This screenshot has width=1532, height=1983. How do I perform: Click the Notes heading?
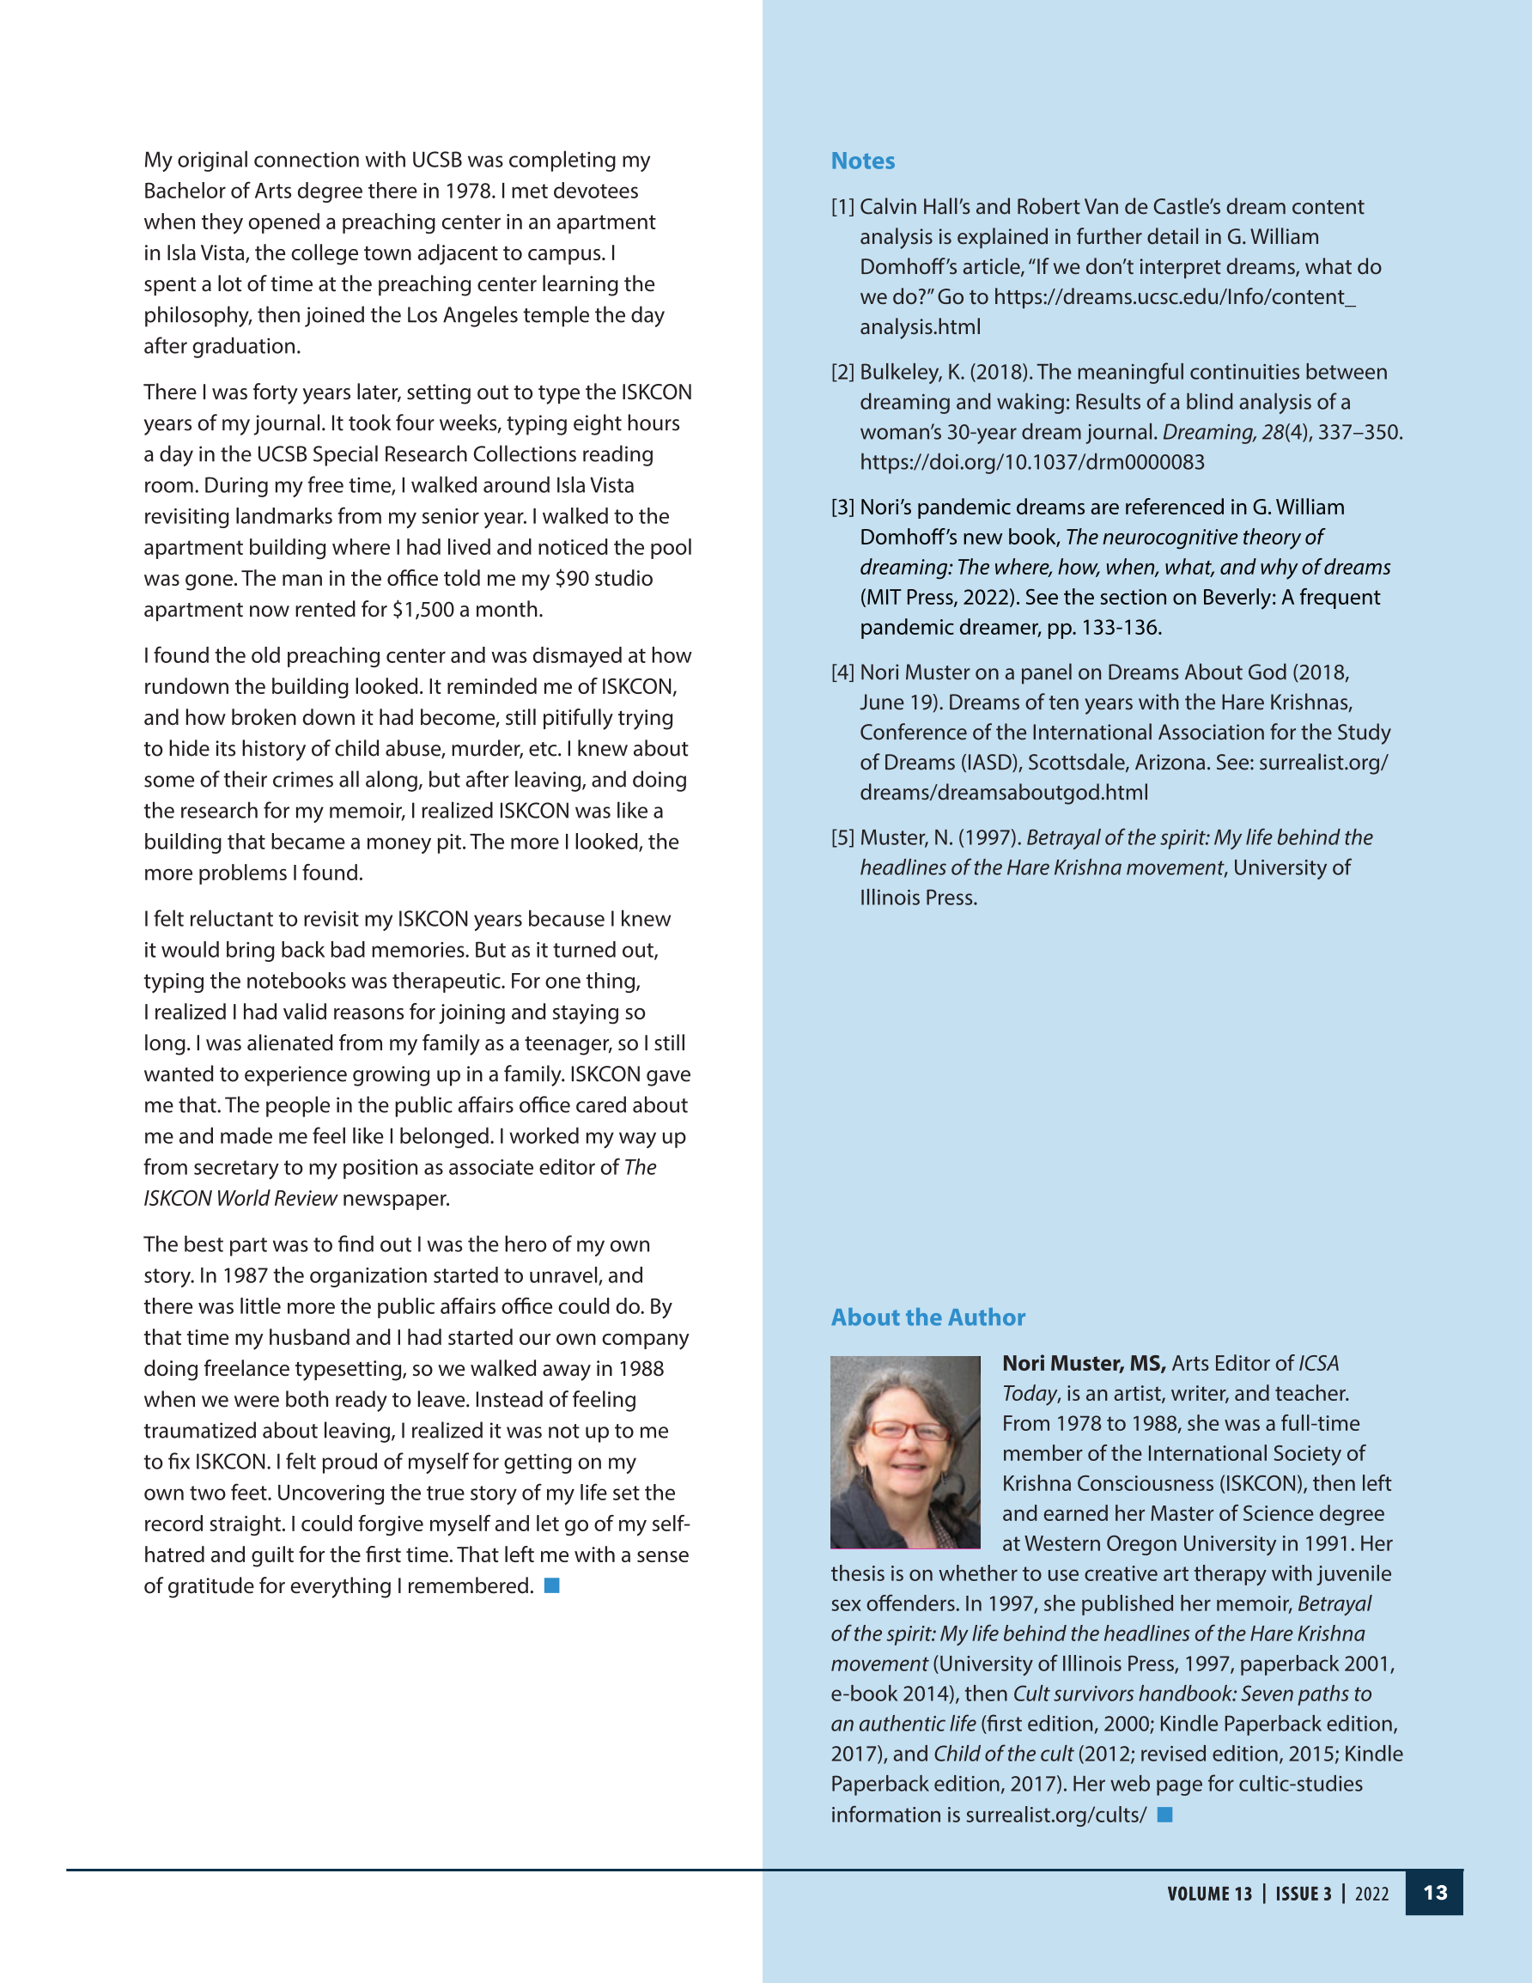(862, 161)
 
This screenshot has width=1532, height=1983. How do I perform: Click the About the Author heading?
(927, 1317)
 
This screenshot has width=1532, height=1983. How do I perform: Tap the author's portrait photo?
(904, 1452)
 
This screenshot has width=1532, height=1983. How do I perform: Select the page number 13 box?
(1434, 1893)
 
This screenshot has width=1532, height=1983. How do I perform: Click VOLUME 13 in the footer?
(1209, 1894)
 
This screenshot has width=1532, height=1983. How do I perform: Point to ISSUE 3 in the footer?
(1304, 1894)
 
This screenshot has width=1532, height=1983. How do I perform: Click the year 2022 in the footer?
(1371, 1894)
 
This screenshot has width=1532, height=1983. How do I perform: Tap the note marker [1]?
(842, 207)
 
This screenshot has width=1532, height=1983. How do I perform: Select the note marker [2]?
(842, 372)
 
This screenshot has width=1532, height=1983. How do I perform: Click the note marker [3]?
(842, 508)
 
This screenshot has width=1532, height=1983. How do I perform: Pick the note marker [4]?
(842, 672)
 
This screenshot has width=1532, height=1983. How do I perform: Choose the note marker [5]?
(842, 838)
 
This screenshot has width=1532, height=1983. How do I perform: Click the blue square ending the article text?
(551, 1585)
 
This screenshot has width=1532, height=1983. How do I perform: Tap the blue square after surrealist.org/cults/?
(1165, 1814)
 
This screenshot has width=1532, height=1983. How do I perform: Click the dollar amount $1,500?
(423, 609)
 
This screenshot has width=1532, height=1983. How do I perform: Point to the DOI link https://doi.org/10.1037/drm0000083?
(1031, 462)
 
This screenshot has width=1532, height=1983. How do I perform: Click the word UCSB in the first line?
(436, 160)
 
